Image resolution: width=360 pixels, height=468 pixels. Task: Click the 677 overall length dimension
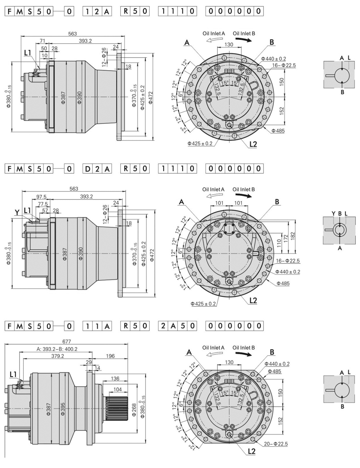point(67,341)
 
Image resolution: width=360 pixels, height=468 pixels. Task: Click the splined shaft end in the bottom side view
point(117,408)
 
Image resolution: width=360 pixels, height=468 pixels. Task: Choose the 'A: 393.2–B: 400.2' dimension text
point(57,348)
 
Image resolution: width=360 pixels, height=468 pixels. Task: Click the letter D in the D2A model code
point(88,168)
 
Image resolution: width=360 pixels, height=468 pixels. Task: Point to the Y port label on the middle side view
point(17,212)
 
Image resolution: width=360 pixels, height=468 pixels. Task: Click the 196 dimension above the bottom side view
point(110,356)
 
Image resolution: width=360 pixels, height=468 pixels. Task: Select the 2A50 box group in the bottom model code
point(178,326)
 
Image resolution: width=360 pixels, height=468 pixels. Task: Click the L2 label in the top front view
point(253,144)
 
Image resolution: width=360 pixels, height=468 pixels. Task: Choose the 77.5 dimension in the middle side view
point(44,203)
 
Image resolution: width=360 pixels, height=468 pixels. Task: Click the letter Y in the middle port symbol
point(333,214)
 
